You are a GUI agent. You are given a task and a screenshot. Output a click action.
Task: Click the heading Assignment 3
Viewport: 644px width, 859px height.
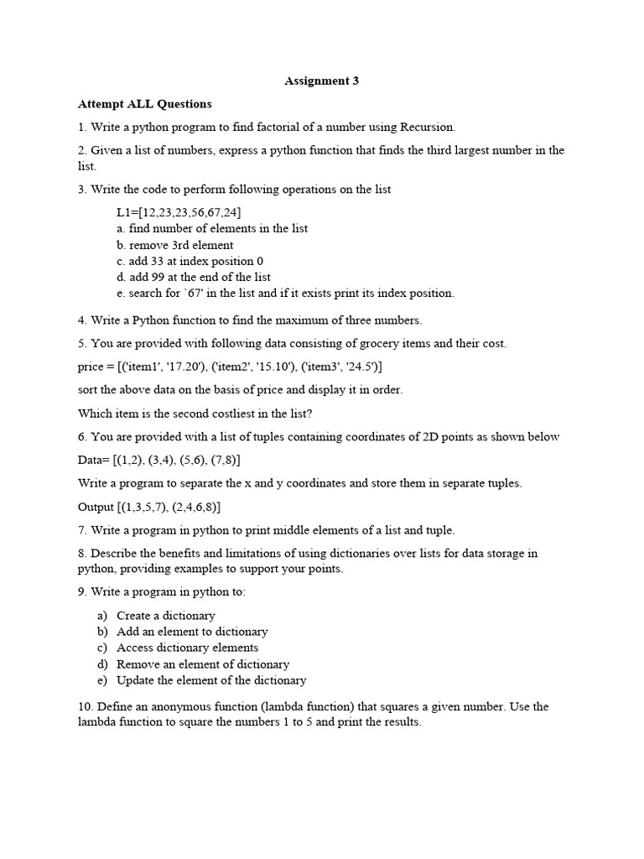click(322, 81)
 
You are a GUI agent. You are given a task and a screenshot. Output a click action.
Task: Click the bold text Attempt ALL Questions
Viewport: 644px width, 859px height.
click(145, 104)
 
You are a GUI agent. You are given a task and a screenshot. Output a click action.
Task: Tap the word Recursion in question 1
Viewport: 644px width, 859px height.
click(428, 128)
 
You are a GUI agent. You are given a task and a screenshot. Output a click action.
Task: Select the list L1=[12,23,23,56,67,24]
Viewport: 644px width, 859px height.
click(179, 212)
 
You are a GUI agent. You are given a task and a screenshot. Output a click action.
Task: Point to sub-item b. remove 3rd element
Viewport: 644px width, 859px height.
click(175, 245)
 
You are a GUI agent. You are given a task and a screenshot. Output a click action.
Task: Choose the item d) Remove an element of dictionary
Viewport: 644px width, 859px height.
click(194, 664)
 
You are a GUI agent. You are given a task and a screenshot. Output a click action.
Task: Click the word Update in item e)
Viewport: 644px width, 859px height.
click(135, 680)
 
